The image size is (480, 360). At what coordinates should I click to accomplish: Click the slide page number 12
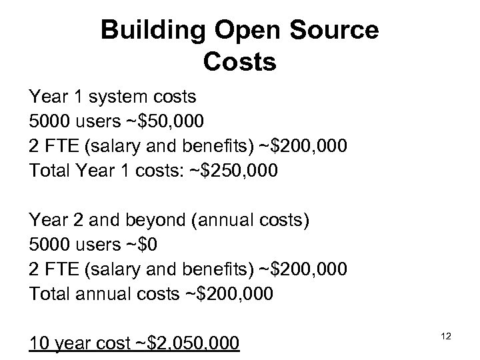[x=446, y=337]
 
